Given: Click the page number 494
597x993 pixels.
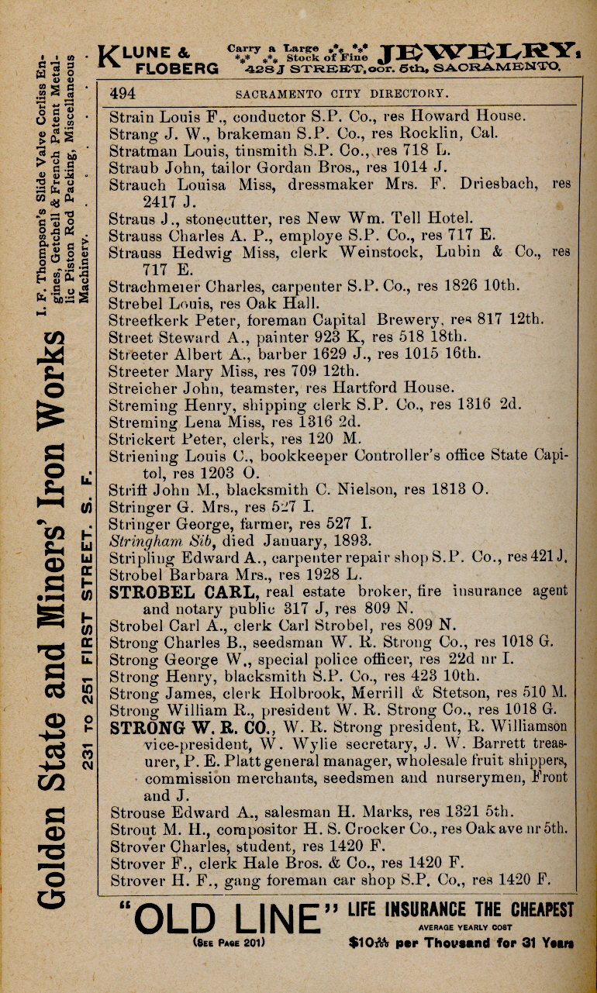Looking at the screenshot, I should coord(125,94).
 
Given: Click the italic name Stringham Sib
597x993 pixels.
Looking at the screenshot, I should coord(161,540).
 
